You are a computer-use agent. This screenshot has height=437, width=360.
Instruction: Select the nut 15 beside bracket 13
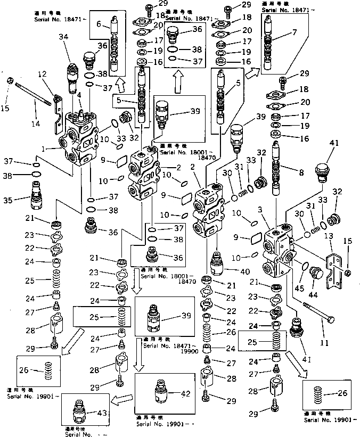coord(346,273)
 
